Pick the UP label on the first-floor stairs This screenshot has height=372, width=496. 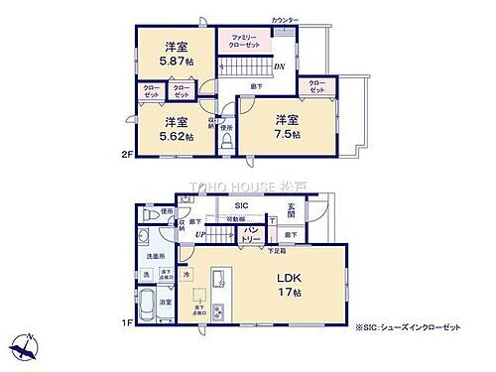tap(199, 235)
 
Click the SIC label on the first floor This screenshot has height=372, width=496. tap(241, 206)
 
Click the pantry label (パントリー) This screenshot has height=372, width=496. tap(250, 236)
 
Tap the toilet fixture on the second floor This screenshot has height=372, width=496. tap(226, 142)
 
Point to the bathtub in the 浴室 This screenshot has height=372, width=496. tap(144, 308)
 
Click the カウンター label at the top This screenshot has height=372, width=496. tap(285, 20)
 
